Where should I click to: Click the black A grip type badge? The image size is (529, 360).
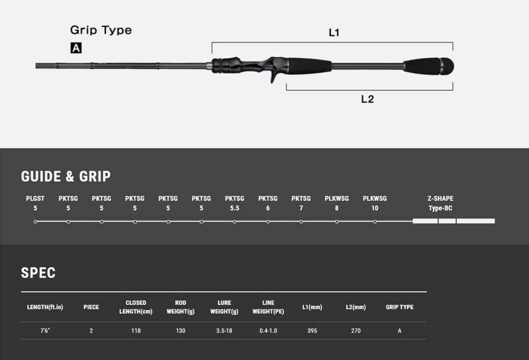coord(76,48)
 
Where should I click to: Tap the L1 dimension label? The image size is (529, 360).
coord(334,33)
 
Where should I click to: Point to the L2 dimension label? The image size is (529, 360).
coord(367,99)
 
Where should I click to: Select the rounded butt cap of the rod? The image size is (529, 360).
coord(447,66)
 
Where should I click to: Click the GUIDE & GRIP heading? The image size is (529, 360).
coord(66,177)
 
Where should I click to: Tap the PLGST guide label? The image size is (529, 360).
coord(35,198)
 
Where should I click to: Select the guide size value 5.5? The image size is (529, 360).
coord(235,208)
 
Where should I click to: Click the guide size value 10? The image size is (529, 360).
coord(375,208)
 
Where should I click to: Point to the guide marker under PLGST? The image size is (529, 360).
coord(36,222)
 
